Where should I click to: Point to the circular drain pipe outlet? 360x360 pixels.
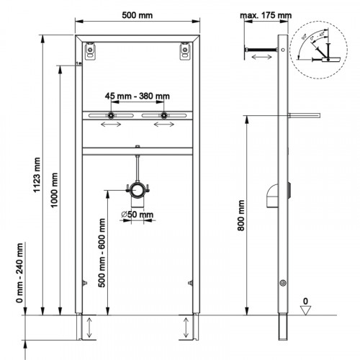tap(137, 190)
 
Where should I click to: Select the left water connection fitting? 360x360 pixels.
tap(112, 116)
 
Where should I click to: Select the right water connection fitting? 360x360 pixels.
tap(164, 116)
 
